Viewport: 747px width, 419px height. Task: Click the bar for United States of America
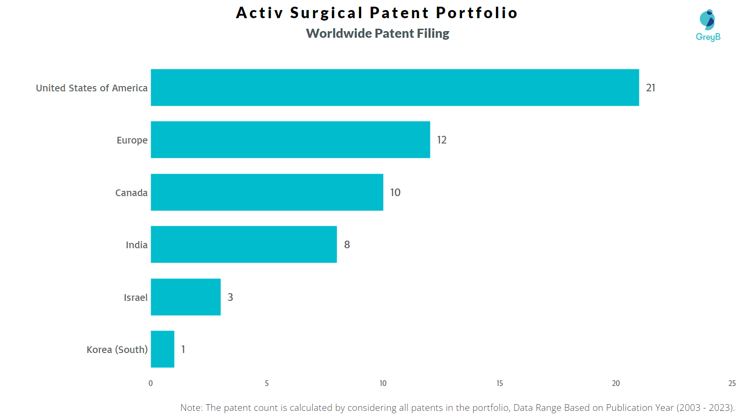coord(395,88)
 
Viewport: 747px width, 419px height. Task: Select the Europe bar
coord(290,140)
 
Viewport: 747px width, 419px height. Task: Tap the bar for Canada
coord(267,192)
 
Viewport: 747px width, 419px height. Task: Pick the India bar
coord(243,244)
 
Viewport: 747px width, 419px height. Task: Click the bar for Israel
coord(186,297)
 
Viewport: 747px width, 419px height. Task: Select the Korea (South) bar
coord(163,349)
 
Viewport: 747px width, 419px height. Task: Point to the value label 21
coord(650,88)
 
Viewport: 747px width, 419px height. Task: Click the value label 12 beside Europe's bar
coord(441,140)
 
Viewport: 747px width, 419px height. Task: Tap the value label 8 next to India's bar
coord(347,244)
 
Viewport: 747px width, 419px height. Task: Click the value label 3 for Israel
coord(230,297)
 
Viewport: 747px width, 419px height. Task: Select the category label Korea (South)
coord(117,350)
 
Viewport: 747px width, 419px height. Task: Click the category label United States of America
coord(91,88)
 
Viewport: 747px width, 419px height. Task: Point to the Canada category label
coord(131,193)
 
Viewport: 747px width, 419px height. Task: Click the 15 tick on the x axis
coord(499,383)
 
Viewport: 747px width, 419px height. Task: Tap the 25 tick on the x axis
coord(732,383)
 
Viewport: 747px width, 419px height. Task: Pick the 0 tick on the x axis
coord(151,383)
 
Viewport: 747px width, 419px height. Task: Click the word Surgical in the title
coord(327,13)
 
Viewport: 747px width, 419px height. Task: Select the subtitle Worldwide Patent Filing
coord(377,33)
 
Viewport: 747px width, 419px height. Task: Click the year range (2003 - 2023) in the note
coord(704,408)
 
